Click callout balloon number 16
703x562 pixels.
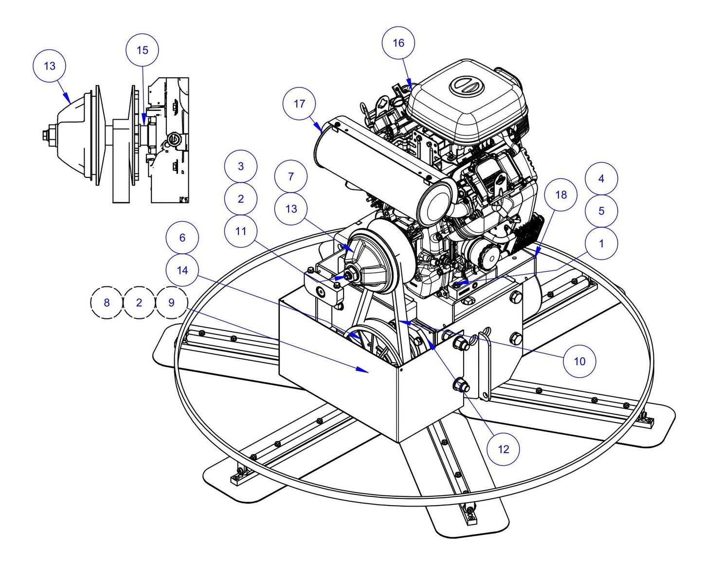coord(398,43)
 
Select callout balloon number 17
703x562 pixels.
coord(299,104)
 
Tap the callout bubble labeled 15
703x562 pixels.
coord(142,50)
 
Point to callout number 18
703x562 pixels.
coord(560,195)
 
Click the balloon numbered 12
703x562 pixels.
coord(503,449)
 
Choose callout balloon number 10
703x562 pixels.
coord(579,361)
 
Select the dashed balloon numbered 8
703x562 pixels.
coord(107,302)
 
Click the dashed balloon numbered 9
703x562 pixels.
coord(171,302)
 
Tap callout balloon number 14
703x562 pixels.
coord(182,270)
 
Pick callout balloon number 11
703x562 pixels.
coord(241,231)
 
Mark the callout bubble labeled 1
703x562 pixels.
coord(601,243)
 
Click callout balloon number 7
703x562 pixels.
coord(291,176)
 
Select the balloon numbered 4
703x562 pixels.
coord(601,178)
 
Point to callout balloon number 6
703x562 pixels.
coord(182,238)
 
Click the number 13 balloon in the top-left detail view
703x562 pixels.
coord(49,66)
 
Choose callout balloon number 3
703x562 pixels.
coord(241,166)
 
